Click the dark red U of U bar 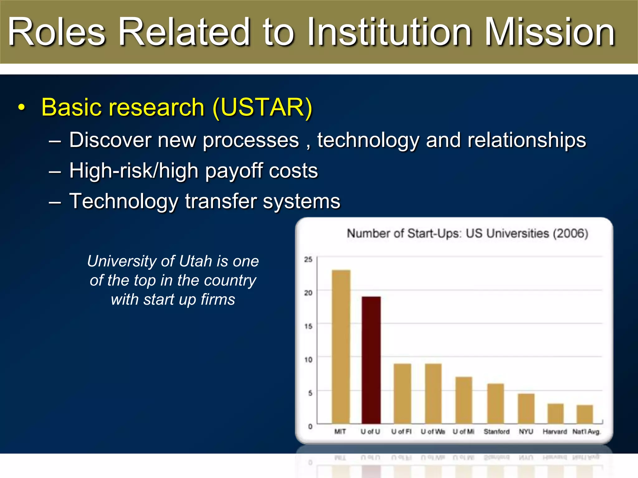[371, 360]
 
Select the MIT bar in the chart [341, 346]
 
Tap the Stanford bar [495, 403]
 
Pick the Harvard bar [555, 413]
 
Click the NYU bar [526, 408]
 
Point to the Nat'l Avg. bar [585, 414]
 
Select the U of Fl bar [402, 393]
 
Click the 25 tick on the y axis [308, 259]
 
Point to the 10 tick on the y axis [308, 360]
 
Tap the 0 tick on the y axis [310, 426]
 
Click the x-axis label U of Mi [463, 432]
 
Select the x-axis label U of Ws [433, 432]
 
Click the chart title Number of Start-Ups [467, 233]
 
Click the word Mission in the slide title [550, 32]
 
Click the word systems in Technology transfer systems [301, 201]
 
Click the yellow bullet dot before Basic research [21, 108]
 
